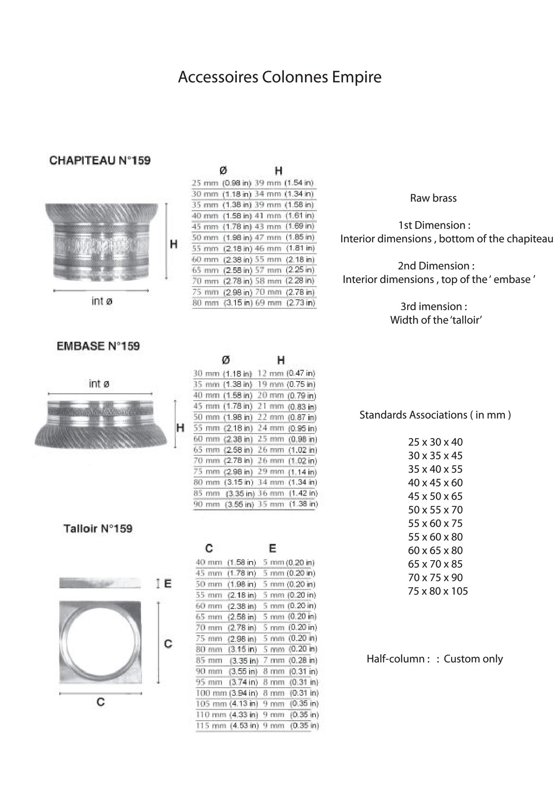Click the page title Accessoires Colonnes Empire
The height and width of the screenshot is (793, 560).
tap(280, 77)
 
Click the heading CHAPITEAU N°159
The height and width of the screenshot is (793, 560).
tap(100, 160)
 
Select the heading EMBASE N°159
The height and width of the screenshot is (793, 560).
tap(98, 346)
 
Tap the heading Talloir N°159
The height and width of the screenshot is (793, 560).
tap(98, 529)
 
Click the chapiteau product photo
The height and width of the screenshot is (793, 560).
tap(102, 241)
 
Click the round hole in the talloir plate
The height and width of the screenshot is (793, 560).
tap(100, 642)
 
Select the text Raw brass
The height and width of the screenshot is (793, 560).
tap(433, 198)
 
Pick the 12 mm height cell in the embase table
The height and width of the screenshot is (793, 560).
tap(270, 373)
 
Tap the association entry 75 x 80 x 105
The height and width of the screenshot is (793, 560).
tap(438, 591)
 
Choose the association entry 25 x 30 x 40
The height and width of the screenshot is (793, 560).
tap(435, 442)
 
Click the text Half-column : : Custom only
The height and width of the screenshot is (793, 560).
tap(434, 659)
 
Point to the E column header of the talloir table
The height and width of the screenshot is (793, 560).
tap(273, 548)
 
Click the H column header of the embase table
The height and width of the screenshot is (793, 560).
tap(281, 360)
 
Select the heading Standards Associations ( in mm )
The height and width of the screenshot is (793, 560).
tap(435, 415)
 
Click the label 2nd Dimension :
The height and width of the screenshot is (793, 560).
tap(436, 266)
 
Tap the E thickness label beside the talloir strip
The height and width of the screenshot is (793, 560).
tap(168, 584)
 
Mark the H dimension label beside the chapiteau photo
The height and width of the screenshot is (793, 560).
tap(174, 245)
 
